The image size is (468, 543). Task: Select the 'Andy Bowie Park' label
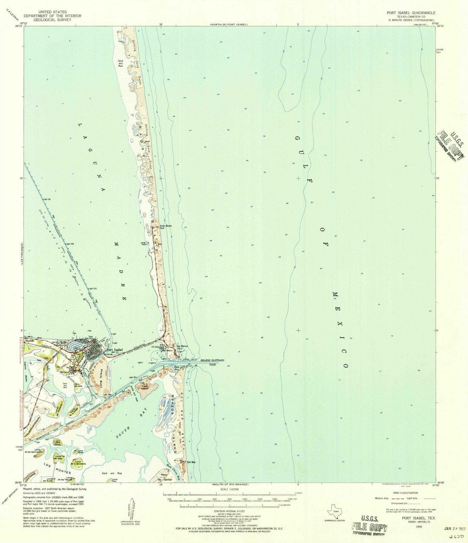[x=166, y=227]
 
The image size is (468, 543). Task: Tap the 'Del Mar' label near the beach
[x=191, y=462]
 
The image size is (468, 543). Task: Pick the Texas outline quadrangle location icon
[x=336, y=510]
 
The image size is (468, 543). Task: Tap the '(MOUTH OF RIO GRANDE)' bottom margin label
[x=230, y=484]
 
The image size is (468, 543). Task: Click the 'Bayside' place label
[x=29, y=340]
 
